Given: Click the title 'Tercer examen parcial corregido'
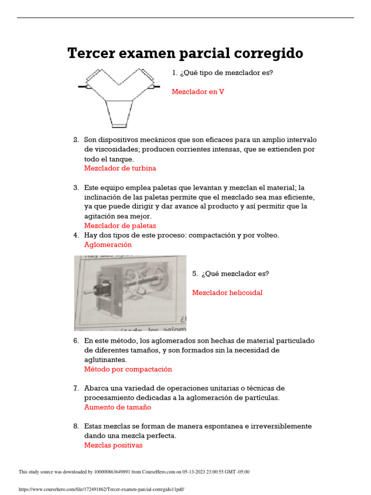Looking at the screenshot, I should (185, 54).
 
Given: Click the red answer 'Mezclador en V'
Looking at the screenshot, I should (198, 92).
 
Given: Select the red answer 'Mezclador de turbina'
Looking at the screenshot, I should (120, 168).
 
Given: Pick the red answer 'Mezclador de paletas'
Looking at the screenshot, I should (120, 226).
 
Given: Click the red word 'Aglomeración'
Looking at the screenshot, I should (108, 245).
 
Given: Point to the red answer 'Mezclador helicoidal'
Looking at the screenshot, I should (227, 292).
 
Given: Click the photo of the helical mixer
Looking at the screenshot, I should (130, 293).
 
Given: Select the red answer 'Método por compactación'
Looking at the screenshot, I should (128, 369).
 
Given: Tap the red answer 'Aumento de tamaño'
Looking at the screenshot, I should (117, 407).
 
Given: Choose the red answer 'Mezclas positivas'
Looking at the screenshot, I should (113, 445).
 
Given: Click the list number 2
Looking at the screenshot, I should (76, 140).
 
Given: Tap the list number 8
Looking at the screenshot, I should (76, 426).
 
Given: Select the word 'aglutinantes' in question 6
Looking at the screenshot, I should (105, 360).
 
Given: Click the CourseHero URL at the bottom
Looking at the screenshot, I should (101, 489).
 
